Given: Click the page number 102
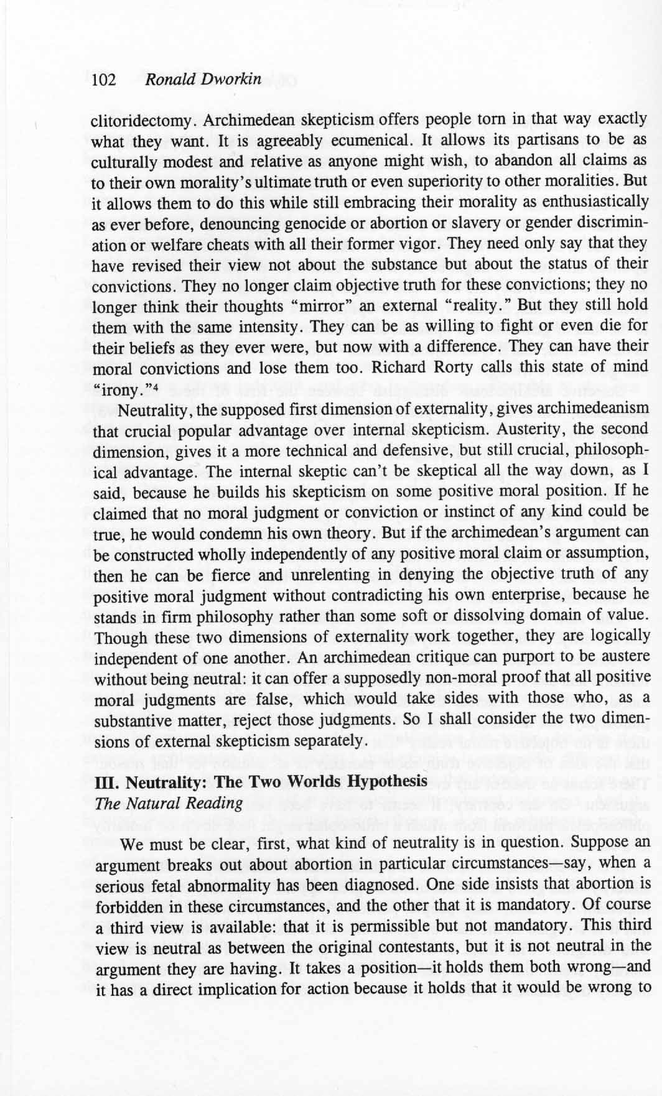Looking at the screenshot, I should [x=104, y=81].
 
